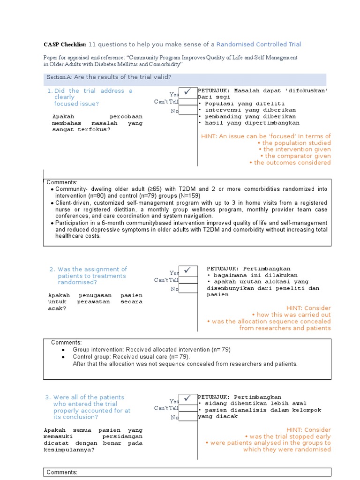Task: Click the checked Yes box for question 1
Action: pos(188,93)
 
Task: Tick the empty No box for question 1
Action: pos(188,110)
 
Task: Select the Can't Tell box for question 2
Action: pos(188,280)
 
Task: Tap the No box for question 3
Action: pos(188,417)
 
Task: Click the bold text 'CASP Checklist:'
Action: pos(65,45)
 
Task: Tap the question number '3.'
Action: pos(48,397)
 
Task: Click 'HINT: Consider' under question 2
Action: pos(311,308)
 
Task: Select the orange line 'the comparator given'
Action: pos(298,156)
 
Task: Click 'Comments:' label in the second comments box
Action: pos(66,343)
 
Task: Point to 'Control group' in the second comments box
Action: pos(90,357)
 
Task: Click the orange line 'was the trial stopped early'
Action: pos(290,436)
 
